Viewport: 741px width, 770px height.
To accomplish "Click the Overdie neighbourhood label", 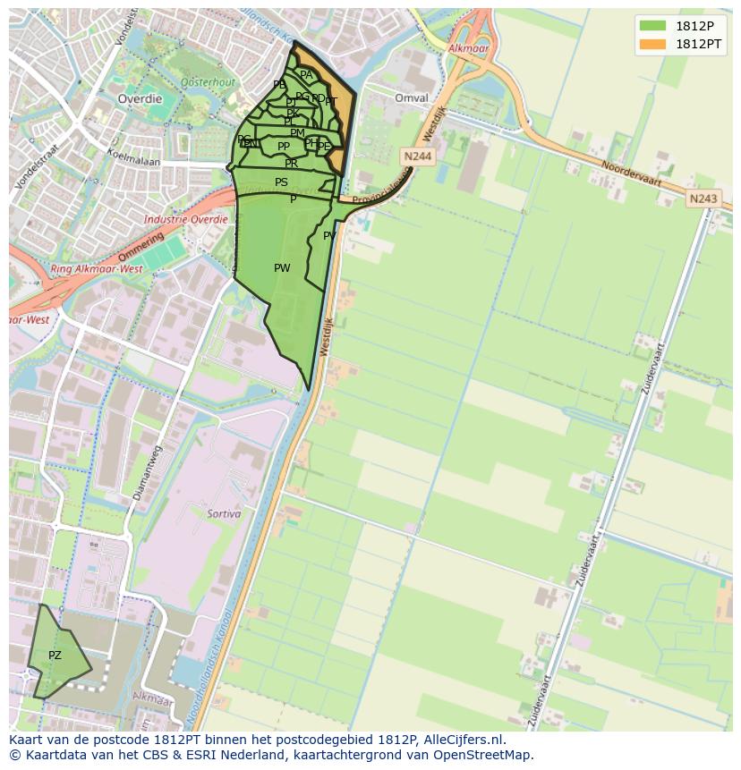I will pos(140,98).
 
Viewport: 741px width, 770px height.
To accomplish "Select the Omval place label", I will pos(412,98).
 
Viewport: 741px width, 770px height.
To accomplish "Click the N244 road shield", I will pos(417,157).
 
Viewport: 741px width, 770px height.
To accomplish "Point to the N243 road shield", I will pos(703,199).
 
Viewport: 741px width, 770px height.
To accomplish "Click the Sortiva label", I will pos(224,513).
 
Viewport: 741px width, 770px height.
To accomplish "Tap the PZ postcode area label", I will pos(55,656).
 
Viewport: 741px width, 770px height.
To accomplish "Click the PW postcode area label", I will pos(282,267).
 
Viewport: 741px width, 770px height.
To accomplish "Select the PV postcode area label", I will pos(329,236).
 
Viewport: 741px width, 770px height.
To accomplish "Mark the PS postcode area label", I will pos(281,182).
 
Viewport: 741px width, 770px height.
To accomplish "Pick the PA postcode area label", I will pos(306,76).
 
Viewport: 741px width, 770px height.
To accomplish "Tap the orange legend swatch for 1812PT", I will pos(653,44).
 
